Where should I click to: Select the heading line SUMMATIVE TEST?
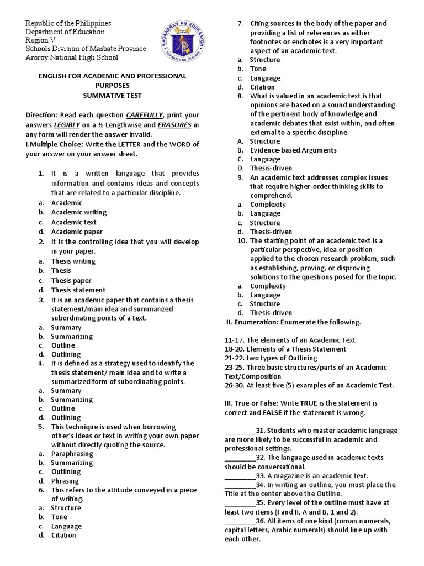(x=112, y=95)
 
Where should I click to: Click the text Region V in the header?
(x=43, y=40)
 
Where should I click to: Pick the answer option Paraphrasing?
(x=72, y=453)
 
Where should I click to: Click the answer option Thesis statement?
(x=78, y=290)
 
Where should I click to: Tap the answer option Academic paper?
(x=77, y=232)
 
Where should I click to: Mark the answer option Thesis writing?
(x=73, y=261)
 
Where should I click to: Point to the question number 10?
(x=242, y=240)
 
